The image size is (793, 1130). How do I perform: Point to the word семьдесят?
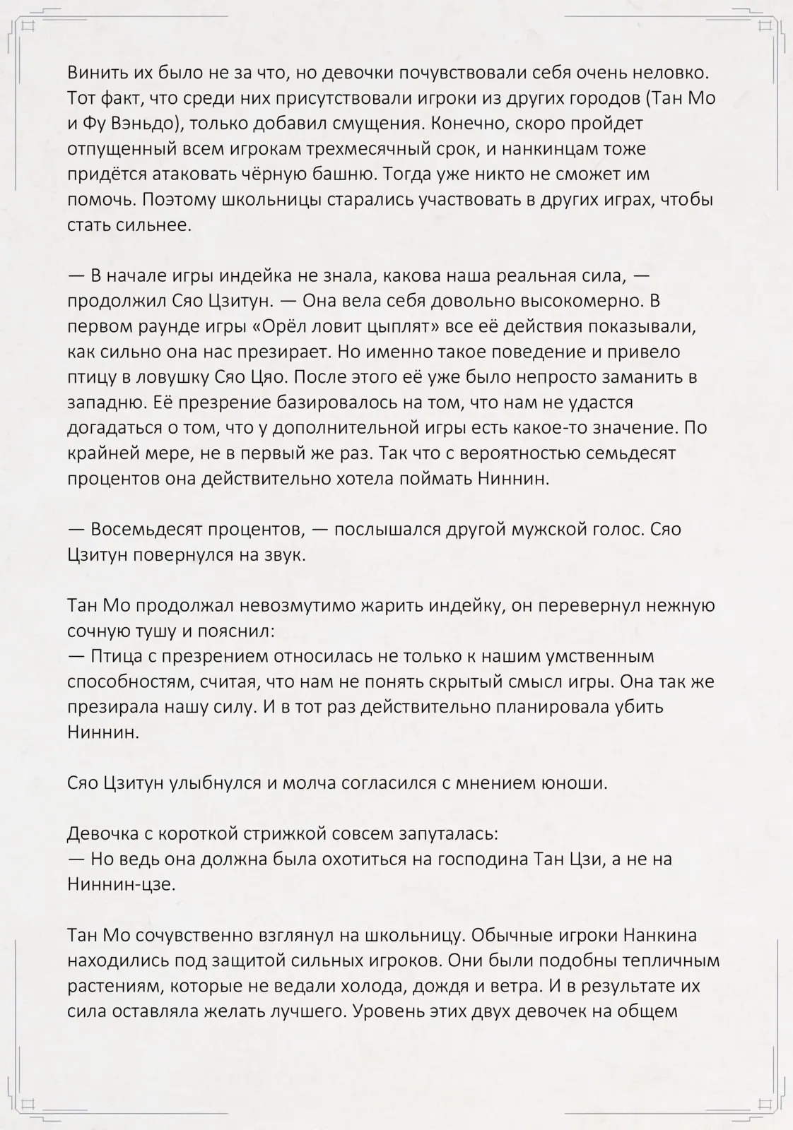coord(621,453)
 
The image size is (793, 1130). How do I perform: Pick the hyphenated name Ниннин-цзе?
coord(121,884)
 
